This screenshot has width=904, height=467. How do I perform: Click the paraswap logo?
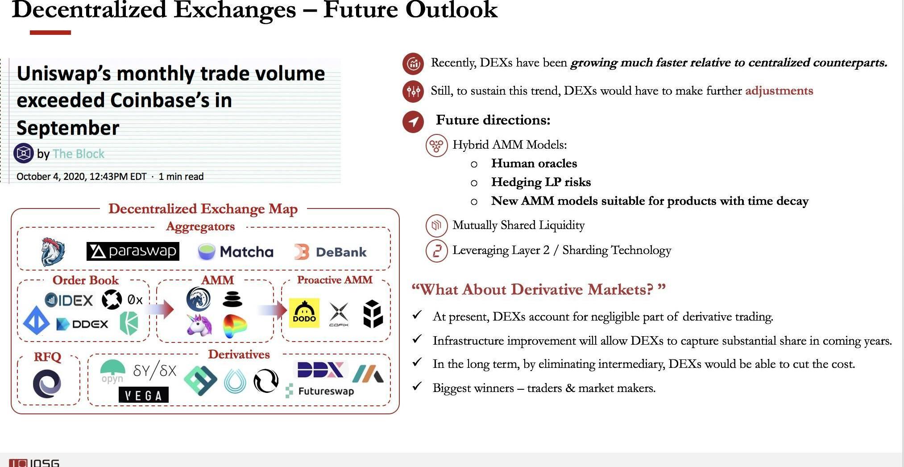[x=133, y=251]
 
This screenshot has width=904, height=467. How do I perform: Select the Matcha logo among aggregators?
[x=235, y=252]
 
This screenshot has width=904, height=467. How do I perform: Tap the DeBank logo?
[x=331, y=252]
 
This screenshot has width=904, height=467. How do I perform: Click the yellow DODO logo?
[x=304, y=313]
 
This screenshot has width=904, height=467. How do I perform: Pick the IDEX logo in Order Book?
[x=69, y=300]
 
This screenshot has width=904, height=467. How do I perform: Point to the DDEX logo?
[x=82, y=324]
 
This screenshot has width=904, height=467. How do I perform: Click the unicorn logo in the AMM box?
[x=199, y=324]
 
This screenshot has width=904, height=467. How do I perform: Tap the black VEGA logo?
[x=144, y=395]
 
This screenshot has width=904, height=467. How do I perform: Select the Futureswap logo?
[x=320, y=391]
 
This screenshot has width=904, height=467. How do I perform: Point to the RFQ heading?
[x=48, y=357]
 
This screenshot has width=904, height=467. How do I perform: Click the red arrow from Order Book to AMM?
[x=160, y=309]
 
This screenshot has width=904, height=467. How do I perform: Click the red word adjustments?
[x=779, y=91]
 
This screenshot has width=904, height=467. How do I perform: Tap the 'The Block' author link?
[x=79, y=154]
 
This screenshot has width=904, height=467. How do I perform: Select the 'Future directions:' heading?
[x=493, y=120]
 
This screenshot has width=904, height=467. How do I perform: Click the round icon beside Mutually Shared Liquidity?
[x=436, y=225]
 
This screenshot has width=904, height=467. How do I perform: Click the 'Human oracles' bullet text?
[x=534, y=163]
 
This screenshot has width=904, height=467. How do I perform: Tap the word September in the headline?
[x=68, y=128]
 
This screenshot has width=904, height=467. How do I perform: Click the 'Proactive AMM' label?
[x=335, y=280]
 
